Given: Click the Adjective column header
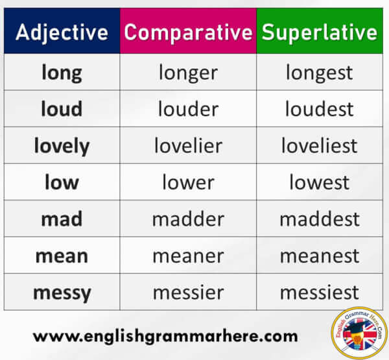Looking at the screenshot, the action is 62,32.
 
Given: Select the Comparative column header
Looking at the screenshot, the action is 188,32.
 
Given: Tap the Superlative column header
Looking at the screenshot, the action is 320,32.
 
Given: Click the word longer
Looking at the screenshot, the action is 188,73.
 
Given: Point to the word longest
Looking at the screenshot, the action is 319,73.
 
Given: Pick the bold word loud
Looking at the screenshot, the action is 62,109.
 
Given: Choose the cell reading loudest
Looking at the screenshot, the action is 320,109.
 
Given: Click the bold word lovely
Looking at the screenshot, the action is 62,146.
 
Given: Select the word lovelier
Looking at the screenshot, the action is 188,145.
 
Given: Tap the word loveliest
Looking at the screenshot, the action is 320,145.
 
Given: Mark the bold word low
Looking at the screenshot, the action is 62,182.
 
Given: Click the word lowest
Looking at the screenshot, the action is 320,182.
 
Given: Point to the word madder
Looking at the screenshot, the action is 188,219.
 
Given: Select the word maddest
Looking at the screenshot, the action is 320,219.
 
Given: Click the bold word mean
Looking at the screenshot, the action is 62,256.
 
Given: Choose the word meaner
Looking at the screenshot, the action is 188,256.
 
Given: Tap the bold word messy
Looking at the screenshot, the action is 62,293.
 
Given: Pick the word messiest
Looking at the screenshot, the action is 320,292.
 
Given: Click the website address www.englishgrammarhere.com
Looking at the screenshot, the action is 165,337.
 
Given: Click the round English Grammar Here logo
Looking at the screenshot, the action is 360,333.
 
